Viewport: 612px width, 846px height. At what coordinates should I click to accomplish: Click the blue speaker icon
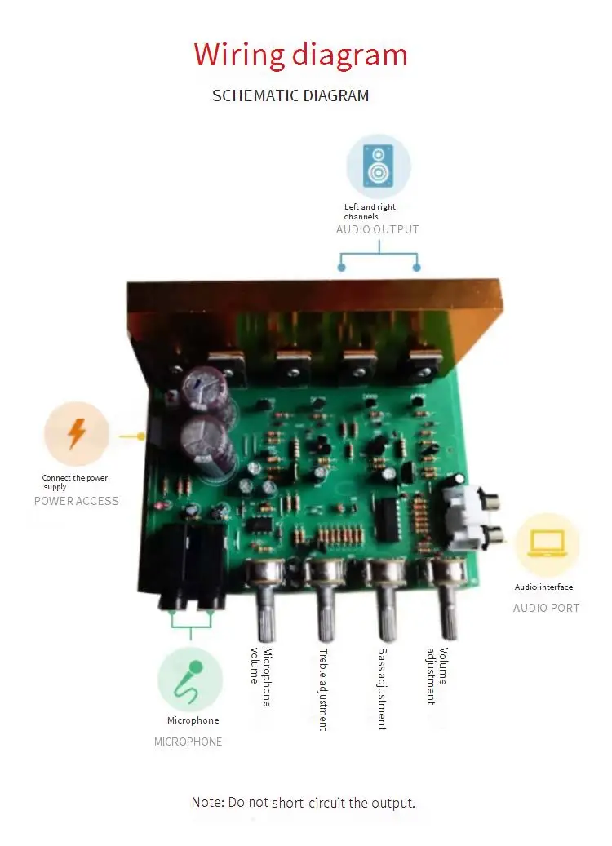[x=379, y=166]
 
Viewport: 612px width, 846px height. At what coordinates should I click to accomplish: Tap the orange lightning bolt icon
[x=77, y=433]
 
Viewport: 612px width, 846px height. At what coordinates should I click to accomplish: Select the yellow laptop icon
[x=547, y=543]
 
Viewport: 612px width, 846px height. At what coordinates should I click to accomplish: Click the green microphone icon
[x=188, y=682]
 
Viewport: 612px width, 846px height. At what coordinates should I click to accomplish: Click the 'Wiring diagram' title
[x=300, y=55]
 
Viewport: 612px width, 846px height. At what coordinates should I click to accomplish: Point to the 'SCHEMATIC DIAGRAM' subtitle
[x=290, y=95]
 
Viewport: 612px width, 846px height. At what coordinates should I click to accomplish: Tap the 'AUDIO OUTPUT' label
[x=377, y=229]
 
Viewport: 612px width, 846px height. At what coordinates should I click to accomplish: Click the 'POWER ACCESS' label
[x=76, y=501]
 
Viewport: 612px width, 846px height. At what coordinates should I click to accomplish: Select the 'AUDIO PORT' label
[x=546, y=608]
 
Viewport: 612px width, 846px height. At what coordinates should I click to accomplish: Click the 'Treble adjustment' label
[x=323, y=689]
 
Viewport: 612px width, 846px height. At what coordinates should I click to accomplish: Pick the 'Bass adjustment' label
[x=382, y=689]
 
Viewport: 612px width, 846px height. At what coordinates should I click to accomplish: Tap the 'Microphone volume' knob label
[x=261, y=677]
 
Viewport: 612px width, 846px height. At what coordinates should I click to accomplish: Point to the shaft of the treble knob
[x=326, y=613]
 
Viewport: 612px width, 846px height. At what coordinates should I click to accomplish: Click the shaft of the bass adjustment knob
[x=388, y=613]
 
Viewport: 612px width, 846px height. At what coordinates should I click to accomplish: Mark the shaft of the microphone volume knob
[x=265, y=613]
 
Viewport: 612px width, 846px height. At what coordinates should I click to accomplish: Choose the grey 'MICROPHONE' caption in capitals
[x=188, y=742]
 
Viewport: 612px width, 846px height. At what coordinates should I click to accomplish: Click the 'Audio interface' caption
[x=543, y=587]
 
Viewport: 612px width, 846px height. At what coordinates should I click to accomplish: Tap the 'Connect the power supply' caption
[x=75, y=482]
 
